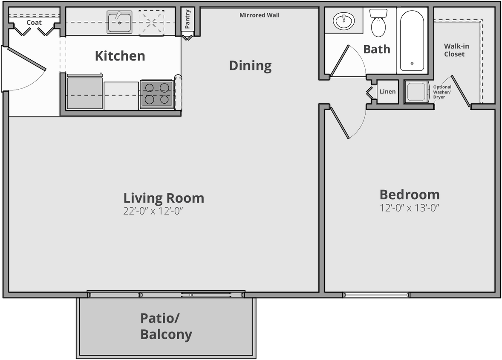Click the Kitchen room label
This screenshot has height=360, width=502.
[x=120, y=56]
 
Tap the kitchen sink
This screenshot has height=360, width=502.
[x=119, y=22]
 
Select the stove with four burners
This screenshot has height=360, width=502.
[x=157, y=94]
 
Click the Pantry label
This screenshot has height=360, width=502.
[x=188, y=19]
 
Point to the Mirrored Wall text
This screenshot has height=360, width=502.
[x=259, y=15]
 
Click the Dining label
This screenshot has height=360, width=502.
[x=250, y=66]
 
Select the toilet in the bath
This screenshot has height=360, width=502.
[x=378, y=24]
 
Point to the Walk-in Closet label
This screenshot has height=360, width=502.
[x=454, y=50]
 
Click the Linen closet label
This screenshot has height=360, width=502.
[x=387, y=92]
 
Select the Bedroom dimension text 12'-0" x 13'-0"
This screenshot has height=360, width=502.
[x=410, y=208]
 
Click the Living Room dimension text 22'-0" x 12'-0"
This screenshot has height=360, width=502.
[x=156, y=211]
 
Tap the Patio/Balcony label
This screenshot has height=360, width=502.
[x=166, y=326]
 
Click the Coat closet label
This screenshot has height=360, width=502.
[x=34, y=23]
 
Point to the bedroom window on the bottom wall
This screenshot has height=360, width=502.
[x=376, y=294]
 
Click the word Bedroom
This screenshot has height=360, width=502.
[x=410, y=195]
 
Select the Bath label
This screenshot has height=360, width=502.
[x=377, y=49]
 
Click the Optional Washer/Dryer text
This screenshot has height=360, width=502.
[x=442, y=92]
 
